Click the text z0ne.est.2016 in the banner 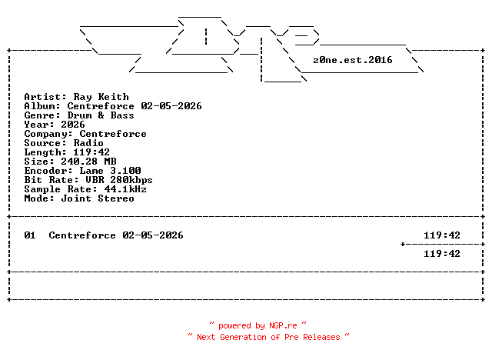click(x=353, y=59)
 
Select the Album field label click(x=42, y=106)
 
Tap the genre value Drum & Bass click(x=101, y=115)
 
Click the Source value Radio click(x=88, y=143)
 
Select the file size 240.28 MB click(x=85, y=162)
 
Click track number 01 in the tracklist click(x=30, y=235)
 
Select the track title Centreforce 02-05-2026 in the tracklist click(x=116, y=235)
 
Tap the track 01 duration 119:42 click(x=442, y=235)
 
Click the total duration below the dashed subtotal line click(x=442, y=254)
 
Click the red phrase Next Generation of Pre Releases click(x=268, y=337)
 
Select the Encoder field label click(x=45, y=171)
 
